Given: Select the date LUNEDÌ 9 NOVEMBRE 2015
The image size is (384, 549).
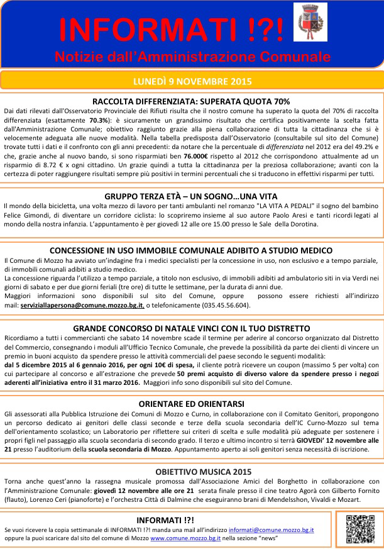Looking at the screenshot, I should click(192, 82).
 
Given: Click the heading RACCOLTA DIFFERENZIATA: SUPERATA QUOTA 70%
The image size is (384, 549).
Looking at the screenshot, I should click(191, 101).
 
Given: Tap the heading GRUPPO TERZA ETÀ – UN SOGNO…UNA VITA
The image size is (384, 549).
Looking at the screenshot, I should click(192, 196).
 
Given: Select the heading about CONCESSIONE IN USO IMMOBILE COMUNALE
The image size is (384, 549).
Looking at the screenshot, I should click(191, 250).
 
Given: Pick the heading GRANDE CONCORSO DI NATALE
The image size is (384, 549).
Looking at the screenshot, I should click(191, 328).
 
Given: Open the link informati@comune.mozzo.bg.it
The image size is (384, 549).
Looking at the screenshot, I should click(271, 530).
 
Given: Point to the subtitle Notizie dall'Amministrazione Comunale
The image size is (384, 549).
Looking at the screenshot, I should click(192, 57).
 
